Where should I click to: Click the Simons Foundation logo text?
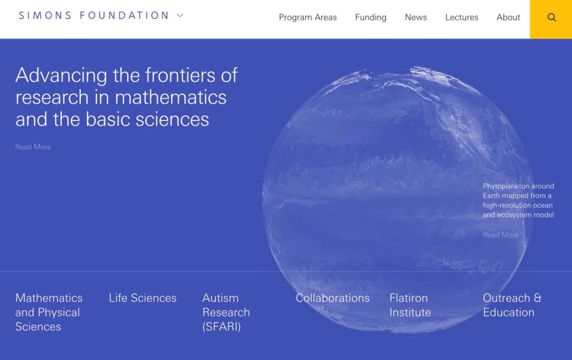[x=94, y=16]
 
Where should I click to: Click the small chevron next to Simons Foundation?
[x=180, y=16]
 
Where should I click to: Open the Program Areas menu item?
[x=308, y=18]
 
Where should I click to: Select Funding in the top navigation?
[x=370, y=18]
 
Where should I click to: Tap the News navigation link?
[x=416, y=18]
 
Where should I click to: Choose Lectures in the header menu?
[x=461, y=18]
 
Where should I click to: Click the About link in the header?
[x=508, y=18]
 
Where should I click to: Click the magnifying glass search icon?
[x=551, y=18]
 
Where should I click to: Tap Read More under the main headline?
[x=33, y=147]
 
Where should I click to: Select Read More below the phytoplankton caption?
[x=500, y=235]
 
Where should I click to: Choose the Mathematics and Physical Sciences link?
[x=48, y=312]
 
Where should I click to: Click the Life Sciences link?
[x=143, y=298]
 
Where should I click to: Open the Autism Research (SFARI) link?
[x=226, y=312]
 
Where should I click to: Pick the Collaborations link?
[x=332, y=298]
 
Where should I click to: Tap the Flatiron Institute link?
[x=410, y=306]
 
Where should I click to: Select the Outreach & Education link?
[x=512, y=306]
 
